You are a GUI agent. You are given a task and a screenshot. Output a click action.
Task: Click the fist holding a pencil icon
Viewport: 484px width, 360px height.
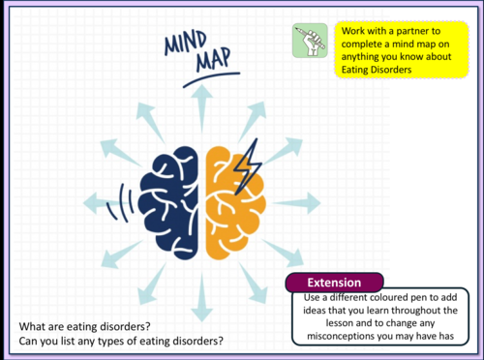pos(310,41)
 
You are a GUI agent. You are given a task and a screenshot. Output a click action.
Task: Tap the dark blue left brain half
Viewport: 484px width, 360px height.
pos(168,202)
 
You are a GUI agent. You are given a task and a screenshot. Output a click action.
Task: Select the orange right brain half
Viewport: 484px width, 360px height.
pos(235,203)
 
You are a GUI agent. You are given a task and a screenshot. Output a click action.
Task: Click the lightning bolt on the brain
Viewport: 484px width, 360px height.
pos(247,166)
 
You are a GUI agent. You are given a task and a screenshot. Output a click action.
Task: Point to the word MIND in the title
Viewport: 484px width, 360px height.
pos(185,43)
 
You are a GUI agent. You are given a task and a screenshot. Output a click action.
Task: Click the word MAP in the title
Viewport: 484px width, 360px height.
pos(213,59)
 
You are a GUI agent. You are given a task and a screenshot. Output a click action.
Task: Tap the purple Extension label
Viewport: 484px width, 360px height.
pos(334,283)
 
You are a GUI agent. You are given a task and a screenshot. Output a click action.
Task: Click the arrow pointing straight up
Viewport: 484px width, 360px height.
pos(202,108)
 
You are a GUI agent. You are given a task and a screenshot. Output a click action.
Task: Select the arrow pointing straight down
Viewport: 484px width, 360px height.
pos(202,297)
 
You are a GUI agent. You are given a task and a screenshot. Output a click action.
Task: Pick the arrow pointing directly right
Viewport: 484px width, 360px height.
pos(296,203)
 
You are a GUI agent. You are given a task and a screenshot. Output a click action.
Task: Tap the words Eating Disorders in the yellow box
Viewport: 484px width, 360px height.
pos(377,70)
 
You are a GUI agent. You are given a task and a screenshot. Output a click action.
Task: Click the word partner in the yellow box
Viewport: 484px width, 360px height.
pos(418,31)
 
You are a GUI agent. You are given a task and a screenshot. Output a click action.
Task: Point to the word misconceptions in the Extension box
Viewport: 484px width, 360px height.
pos(342,336)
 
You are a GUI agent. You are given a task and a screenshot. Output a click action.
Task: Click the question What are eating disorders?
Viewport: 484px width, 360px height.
pos(85,326)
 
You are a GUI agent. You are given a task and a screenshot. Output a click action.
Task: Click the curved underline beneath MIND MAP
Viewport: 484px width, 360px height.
pos(211,79)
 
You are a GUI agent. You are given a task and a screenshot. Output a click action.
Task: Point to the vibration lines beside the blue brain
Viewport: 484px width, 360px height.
pos(120,203)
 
